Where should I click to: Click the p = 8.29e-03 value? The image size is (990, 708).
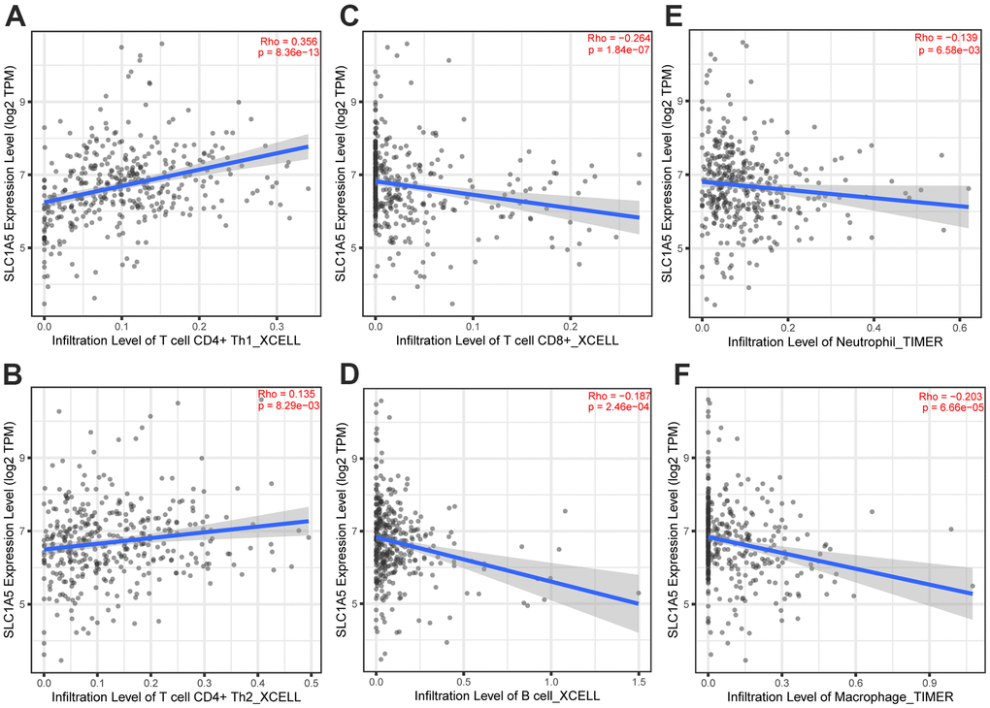tap(283, 405)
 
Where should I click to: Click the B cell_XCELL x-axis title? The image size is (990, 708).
tap(506, 695)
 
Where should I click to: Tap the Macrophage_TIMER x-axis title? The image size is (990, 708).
tap(837, 695)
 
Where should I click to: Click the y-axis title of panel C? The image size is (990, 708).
tap(342, 171)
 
